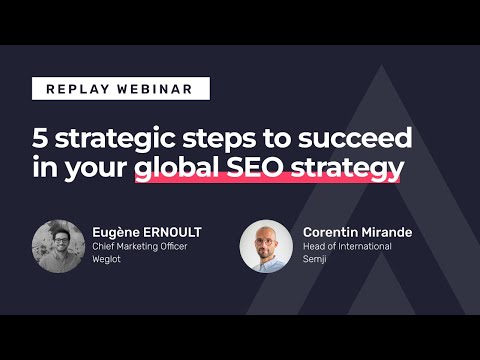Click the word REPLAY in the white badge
[77, 89]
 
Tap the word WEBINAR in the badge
[151, 89]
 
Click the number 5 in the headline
[39, 137]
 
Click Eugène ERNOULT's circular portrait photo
[58, 246]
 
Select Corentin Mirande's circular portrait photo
[266, 246]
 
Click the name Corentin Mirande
[357, 232]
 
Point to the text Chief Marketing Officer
[139, 247]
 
